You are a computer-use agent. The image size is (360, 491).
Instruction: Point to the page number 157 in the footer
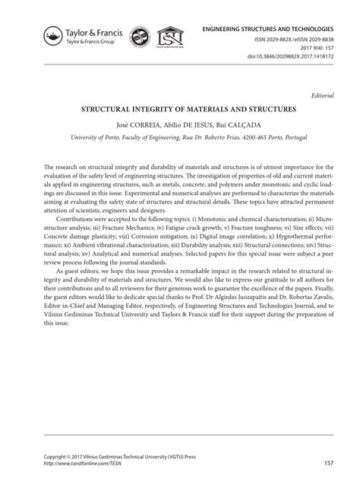pos(329,462)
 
